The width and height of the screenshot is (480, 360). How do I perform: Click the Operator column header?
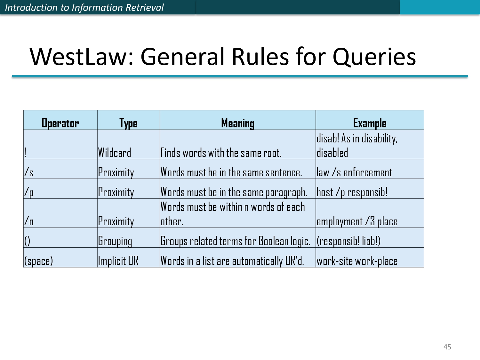(x=60, y=123)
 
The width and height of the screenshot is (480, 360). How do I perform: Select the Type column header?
(x=128, y=123)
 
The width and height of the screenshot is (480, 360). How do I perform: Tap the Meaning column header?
(x=238, y=123)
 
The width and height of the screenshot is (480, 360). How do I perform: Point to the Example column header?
(x=370, y=123)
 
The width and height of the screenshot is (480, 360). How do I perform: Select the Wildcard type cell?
(x=115, y=153)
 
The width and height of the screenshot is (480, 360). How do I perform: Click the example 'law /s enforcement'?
(x=354, y=172)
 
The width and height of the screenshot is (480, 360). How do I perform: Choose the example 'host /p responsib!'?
(x=352, y=192)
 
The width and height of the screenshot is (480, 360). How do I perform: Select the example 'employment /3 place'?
(x=357, y=221)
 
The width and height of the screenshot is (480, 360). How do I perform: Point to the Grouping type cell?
(x=115, y=241)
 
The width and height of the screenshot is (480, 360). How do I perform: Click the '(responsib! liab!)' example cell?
(x=348, y=241)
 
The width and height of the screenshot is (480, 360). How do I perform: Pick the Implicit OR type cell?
(x=118, y=261)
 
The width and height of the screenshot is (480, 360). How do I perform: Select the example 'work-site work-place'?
(x=357, y=261)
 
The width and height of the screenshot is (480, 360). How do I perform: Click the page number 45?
(x=447, y=347)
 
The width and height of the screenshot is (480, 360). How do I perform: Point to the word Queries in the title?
(x=374, y=57)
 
